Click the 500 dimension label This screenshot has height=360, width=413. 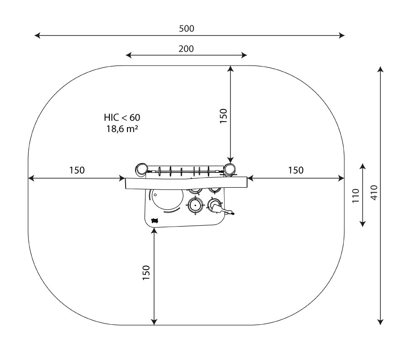[186, 28]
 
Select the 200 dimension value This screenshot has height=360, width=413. [186, 49]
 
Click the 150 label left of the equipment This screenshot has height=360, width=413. [76, 171]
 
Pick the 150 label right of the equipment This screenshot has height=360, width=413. [296, 171]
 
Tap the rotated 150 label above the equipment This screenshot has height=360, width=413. [223, 117]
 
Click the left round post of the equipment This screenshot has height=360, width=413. [141, 169]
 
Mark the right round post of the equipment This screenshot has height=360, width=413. [230, 169]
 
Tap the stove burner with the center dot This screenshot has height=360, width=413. [195, 205]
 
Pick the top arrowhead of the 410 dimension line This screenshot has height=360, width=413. [381, 69]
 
